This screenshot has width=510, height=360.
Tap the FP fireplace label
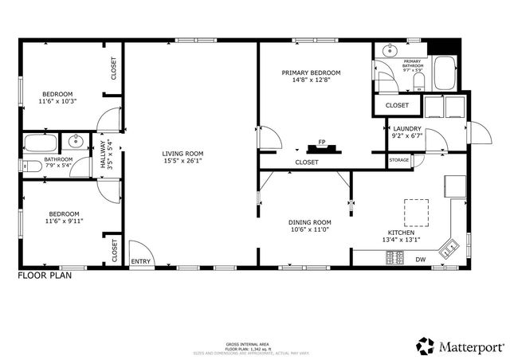(x=322, y=142)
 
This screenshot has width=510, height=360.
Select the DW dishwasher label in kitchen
(x=420, y=259)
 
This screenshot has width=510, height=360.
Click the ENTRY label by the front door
(x=141, y=261)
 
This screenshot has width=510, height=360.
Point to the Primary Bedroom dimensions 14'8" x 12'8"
(x=310, y=80)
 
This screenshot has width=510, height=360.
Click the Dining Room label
(x=310, y=222)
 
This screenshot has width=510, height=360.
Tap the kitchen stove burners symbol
(x=394, y=257)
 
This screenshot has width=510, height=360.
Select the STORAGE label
(x=399, y=161)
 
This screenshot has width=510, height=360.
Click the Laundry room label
(x=407, y=128)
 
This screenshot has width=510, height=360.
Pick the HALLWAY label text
(x=103, y=152)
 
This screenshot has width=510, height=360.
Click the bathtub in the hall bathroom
(x=37, y=144)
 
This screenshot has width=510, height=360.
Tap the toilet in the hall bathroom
(x=32, y=167)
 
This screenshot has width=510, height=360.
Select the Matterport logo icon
(x=424, y=346)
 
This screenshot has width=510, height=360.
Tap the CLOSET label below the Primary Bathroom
(x=397, y=105)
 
